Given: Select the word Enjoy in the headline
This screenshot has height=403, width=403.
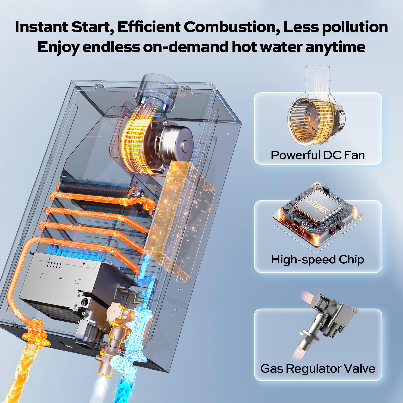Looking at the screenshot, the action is (x=58, y=47).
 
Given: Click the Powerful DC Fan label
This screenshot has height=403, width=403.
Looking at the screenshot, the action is (x=318, y=155).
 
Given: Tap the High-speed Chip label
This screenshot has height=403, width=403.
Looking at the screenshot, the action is (x=318, y=259).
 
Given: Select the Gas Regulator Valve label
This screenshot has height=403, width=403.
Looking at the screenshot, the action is (x=318, y=368).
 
